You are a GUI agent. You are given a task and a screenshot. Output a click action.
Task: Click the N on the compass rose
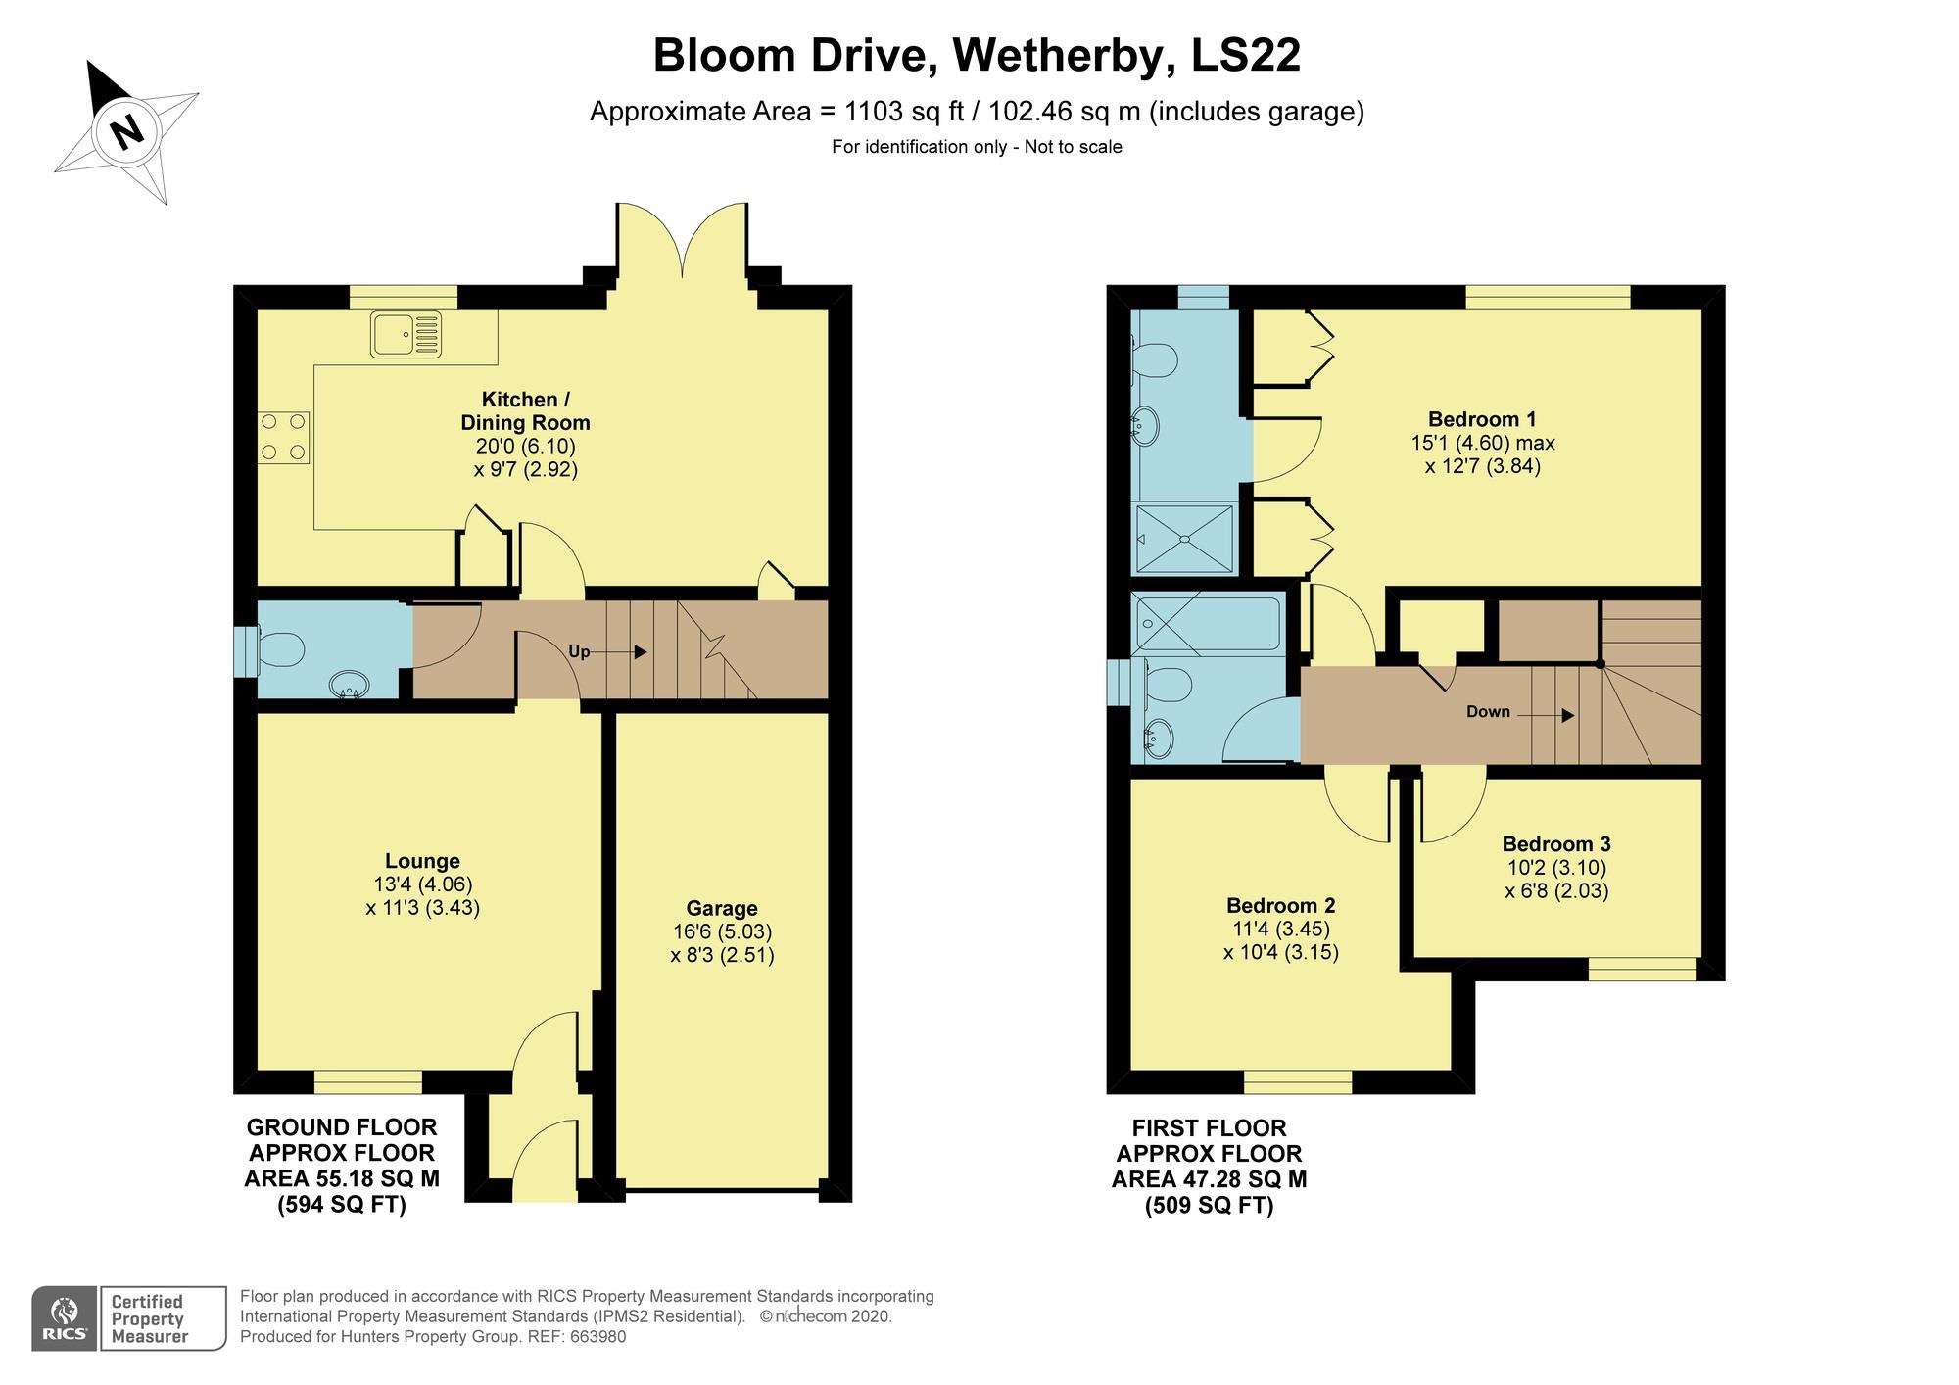tap(125, 130)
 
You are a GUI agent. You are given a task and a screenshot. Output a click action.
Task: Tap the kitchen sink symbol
tap(406, 334)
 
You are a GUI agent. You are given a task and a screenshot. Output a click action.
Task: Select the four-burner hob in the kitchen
tap(283, 437)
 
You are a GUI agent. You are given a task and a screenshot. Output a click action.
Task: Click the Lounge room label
tap(422, 861)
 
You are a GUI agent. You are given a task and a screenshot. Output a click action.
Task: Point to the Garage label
tap(722, 908)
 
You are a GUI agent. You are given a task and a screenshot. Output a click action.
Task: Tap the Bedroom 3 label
tap(1556, 843)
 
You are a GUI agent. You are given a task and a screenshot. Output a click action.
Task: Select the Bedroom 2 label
tap(1281, 905)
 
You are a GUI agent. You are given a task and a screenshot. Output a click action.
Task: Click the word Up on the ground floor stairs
tap(580, 652)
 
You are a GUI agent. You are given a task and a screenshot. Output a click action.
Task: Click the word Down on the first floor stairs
tap(1488, 712)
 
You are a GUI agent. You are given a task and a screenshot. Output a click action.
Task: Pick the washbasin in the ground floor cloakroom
tap(349, 684)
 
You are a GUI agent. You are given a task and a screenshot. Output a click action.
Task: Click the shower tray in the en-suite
tap(1185, 538)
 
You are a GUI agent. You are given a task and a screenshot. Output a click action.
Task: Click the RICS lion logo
tap(65, 1319)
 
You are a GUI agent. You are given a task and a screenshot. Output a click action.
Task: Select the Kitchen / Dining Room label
tap(526, 411)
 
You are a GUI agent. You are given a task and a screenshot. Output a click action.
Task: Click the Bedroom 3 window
tap(1643, 970)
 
